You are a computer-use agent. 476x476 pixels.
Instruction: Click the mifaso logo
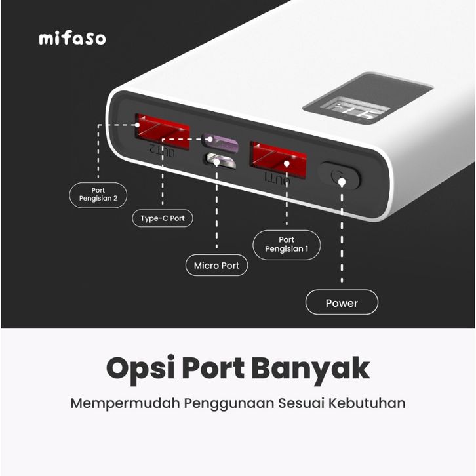click(72, 38)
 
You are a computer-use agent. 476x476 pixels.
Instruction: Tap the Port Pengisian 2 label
click(98, 195)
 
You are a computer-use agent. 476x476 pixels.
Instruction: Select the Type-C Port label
click(162, 218)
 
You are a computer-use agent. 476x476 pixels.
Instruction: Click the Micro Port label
click(216, 266)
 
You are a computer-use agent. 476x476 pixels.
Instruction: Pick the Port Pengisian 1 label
click(287, 245)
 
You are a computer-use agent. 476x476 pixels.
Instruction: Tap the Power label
click(342, 303)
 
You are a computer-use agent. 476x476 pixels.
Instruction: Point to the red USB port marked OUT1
click(278, 158)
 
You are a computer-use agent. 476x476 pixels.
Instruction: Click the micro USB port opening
click(220, 161)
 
